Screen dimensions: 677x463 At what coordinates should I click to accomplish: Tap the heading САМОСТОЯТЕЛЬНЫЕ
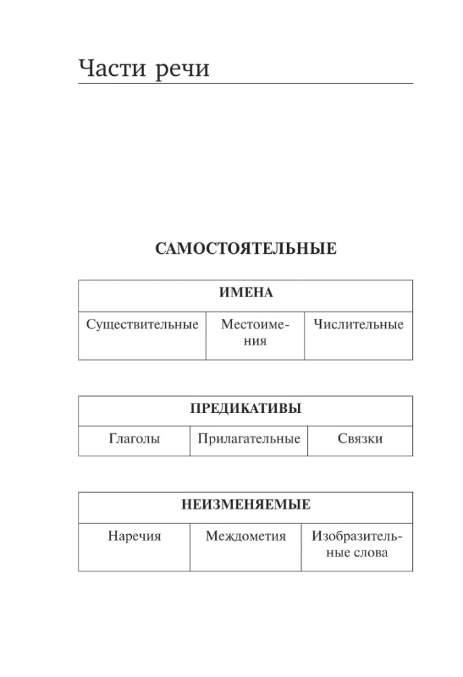(245, 249)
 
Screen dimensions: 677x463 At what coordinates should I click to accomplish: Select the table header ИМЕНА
(245, 293)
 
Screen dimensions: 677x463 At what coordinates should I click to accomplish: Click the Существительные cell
(142, 324)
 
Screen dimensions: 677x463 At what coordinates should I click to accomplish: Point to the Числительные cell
(358, 324)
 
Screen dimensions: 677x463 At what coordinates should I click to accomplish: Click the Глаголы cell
(134, 439)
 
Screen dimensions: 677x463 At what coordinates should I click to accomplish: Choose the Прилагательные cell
(248, 439)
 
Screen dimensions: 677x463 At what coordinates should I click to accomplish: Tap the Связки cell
(359, 439)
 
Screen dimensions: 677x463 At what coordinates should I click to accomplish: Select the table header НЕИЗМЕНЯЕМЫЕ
(245, 505)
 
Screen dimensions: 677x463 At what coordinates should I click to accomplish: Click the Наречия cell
(134, 537)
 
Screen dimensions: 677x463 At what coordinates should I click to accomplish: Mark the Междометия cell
(246, 537)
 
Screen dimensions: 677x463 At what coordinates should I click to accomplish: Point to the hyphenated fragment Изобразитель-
(357, 537)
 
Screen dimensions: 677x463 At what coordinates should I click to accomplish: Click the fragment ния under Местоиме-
(255, 341)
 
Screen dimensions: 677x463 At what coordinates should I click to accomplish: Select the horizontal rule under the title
(245, 84)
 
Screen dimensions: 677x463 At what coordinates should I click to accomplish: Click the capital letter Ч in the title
(87, 68)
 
